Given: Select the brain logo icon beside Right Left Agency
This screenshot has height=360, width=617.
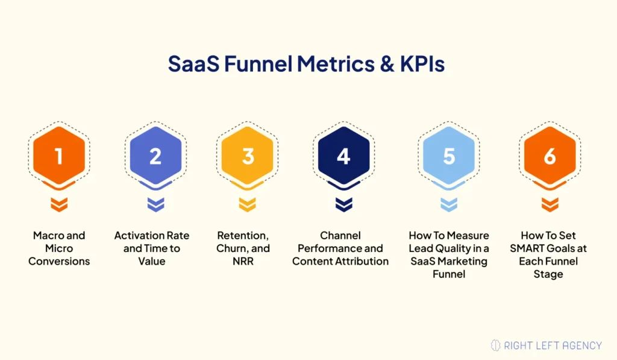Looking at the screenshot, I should point(496,345).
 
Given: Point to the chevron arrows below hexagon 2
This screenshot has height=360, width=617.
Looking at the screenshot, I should point(155,204).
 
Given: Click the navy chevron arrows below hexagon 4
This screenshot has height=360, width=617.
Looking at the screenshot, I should point(343,204).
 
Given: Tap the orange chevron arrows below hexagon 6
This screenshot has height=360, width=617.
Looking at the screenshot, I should point(550,204).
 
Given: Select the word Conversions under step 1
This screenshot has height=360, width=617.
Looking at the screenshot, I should point(58,261).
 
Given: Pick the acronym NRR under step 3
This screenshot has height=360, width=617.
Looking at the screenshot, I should point(248,261).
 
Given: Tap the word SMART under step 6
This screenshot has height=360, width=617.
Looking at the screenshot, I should point(531,248).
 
